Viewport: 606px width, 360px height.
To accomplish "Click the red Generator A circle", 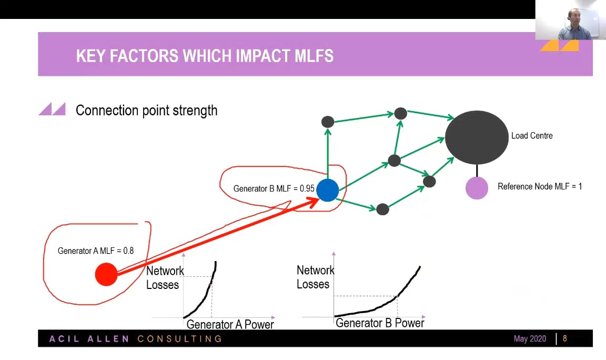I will click(106, 274).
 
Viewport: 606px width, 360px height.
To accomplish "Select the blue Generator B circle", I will click(328, 190).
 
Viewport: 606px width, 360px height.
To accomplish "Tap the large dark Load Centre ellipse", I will click(477, 137).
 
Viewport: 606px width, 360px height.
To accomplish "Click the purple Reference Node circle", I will click(477, 188).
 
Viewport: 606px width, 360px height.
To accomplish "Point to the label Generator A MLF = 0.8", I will click(96, 251).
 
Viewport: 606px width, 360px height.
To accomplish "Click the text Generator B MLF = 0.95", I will click(274, 188).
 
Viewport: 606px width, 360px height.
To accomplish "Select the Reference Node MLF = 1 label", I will click(539, 186).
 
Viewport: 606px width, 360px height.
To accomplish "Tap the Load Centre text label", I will click(532, 136).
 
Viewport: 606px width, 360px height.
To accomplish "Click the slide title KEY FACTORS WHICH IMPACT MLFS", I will click(205, 56).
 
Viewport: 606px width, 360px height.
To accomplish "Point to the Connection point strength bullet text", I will click(146, 110).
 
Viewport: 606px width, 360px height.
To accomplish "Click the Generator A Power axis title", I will click(230, 324).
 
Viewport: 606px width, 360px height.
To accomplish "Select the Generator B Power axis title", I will click(379, 323).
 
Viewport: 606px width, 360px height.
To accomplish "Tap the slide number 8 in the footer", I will click(565, 338).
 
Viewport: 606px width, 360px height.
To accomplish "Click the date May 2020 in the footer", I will click(530, 338).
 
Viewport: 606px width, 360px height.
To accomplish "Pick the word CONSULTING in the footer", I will click(179, 338).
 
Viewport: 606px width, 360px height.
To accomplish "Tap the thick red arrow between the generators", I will click(216, 237).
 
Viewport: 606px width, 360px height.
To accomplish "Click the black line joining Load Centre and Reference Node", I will click(477, 171).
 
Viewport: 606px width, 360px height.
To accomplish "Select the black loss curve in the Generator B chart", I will click(379, 304).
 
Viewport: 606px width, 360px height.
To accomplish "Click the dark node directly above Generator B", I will click(328, 122).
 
